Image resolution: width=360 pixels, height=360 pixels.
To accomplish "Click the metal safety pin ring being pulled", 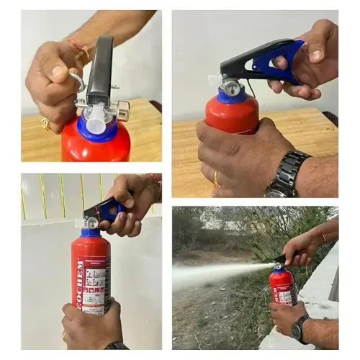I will coord(77,80).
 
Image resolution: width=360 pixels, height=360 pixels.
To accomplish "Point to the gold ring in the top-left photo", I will coord(45,123).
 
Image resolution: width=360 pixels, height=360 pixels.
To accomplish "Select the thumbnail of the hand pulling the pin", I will coord(91,86).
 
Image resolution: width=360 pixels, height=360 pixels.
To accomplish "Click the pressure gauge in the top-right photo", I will coord(230,89).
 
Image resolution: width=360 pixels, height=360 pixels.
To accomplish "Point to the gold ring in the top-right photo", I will coord(217,177).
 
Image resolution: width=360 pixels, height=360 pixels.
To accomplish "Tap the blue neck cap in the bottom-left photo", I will coord(91,233).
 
